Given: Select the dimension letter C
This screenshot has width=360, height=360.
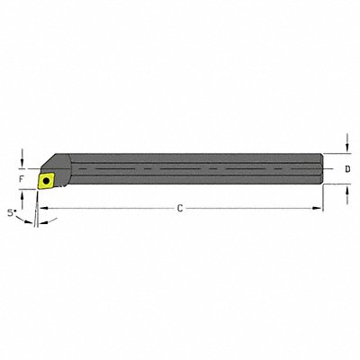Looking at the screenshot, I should tap(180, 209).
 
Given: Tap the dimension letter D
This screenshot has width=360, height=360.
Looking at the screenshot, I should tap(348, 169).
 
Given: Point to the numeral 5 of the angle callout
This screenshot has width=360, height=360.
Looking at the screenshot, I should tap(10, 213).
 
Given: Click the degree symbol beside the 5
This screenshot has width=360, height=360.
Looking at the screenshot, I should tap(15, 211).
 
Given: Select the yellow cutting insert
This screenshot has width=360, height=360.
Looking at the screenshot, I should tap(44, 179).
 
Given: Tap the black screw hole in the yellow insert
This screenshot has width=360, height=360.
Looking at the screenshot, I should tap(44, 179).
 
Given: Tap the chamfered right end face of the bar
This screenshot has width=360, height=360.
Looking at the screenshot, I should tap(320, 168).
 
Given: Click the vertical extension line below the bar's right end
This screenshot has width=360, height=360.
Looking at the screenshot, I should tap(322, 198).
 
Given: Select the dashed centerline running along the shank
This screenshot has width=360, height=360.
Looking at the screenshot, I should tap(180, 168).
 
